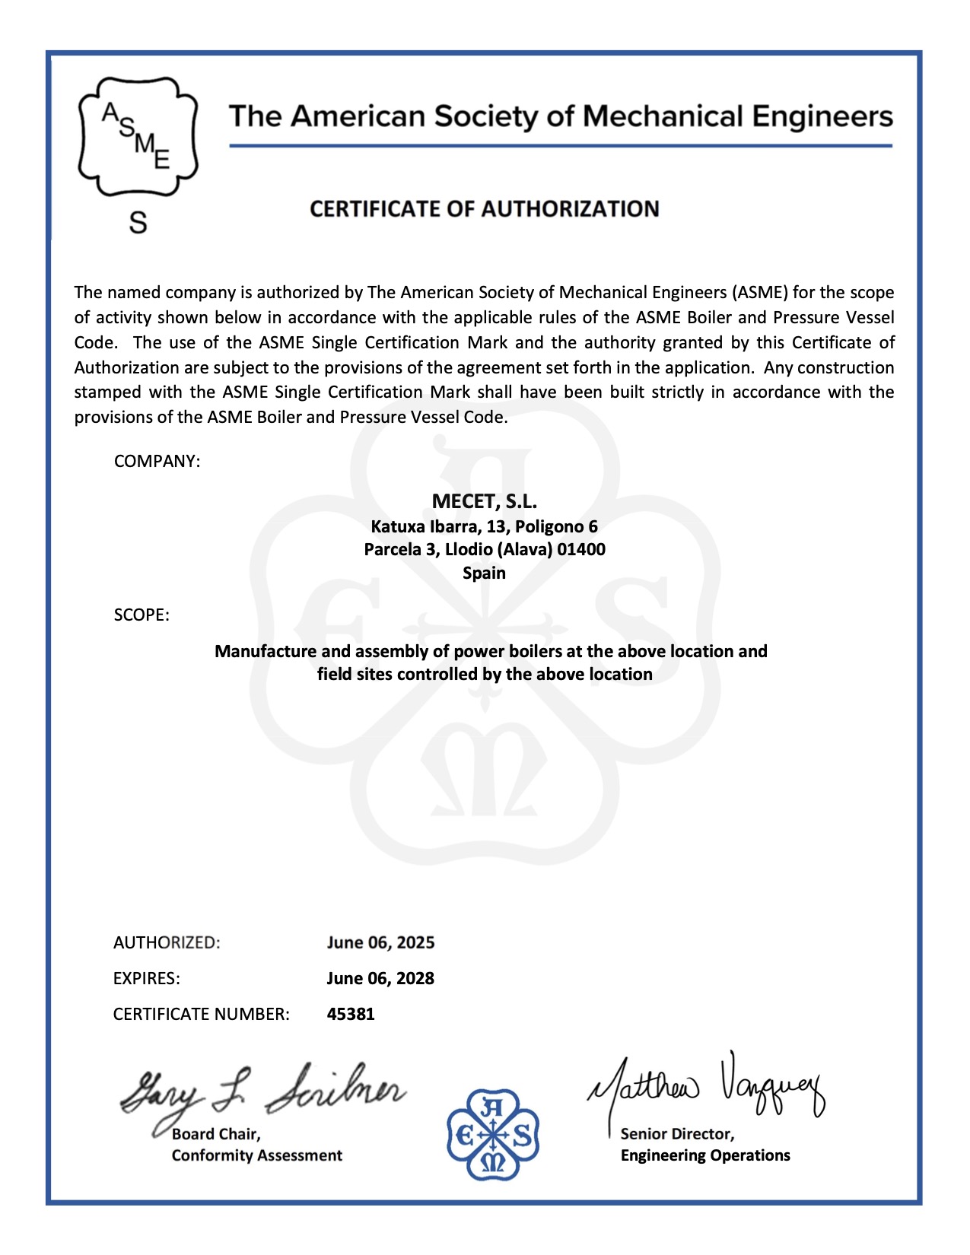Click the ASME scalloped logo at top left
[x=138, y=137]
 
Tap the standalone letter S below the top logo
[x=138, y=223]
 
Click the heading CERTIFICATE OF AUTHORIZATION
[x=484, y=209]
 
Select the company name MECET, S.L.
[x=484, y=502]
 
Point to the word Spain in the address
[x=484, y=573]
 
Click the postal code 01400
[x=581, y=549]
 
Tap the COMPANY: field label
[x=157, y=462]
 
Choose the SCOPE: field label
[x=142, y=615]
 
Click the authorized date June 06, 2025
[x=380, y=942]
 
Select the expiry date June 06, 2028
[x=380, y=978]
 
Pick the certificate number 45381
[x=351, y=1014]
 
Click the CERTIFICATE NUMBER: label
[x=201, y=1014]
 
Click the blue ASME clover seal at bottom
[x=493, y=1134]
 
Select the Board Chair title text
[x=216, y=1134]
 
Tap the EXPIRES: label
[x=147, y=978]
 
